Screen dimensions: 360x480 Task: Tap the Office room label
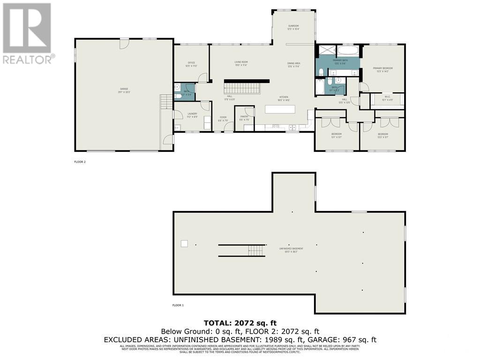click(191, 64)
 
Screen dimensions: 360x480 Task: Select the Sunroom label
click(293, 27)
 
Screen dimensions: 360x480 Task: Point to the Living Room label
click(241, 63)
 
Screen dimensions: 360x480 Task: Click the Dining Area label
click(294, 64)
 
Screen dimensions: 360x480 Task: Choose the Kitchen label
click(284, 98)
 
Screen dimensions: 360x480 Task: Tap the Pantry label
click(244, 118)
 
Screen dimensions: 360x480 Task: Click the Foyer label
click(223, 119)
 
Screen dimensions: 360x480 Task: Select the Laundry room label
click(192, 115)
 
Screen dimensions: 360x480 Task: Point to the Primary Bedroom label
click(382, 69)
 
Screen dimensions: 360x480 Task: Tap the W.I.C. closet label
click(387, 98)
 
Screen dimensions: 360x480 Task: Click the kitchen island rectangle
click(280, 109)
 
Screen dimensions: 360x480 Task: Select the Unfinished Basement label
click(291, 249)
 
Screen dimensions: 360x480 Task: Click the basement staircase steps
click(256, 251)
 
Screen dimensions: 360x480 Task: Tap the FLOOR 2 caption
click(80, 162)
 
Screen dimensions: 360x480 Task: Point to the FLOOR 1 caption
click(178, 305)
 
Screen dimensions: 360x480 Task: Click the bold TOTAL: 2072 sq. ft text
click(240, 323)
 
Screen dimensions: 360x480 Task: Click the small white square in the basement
click(184, 243)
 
